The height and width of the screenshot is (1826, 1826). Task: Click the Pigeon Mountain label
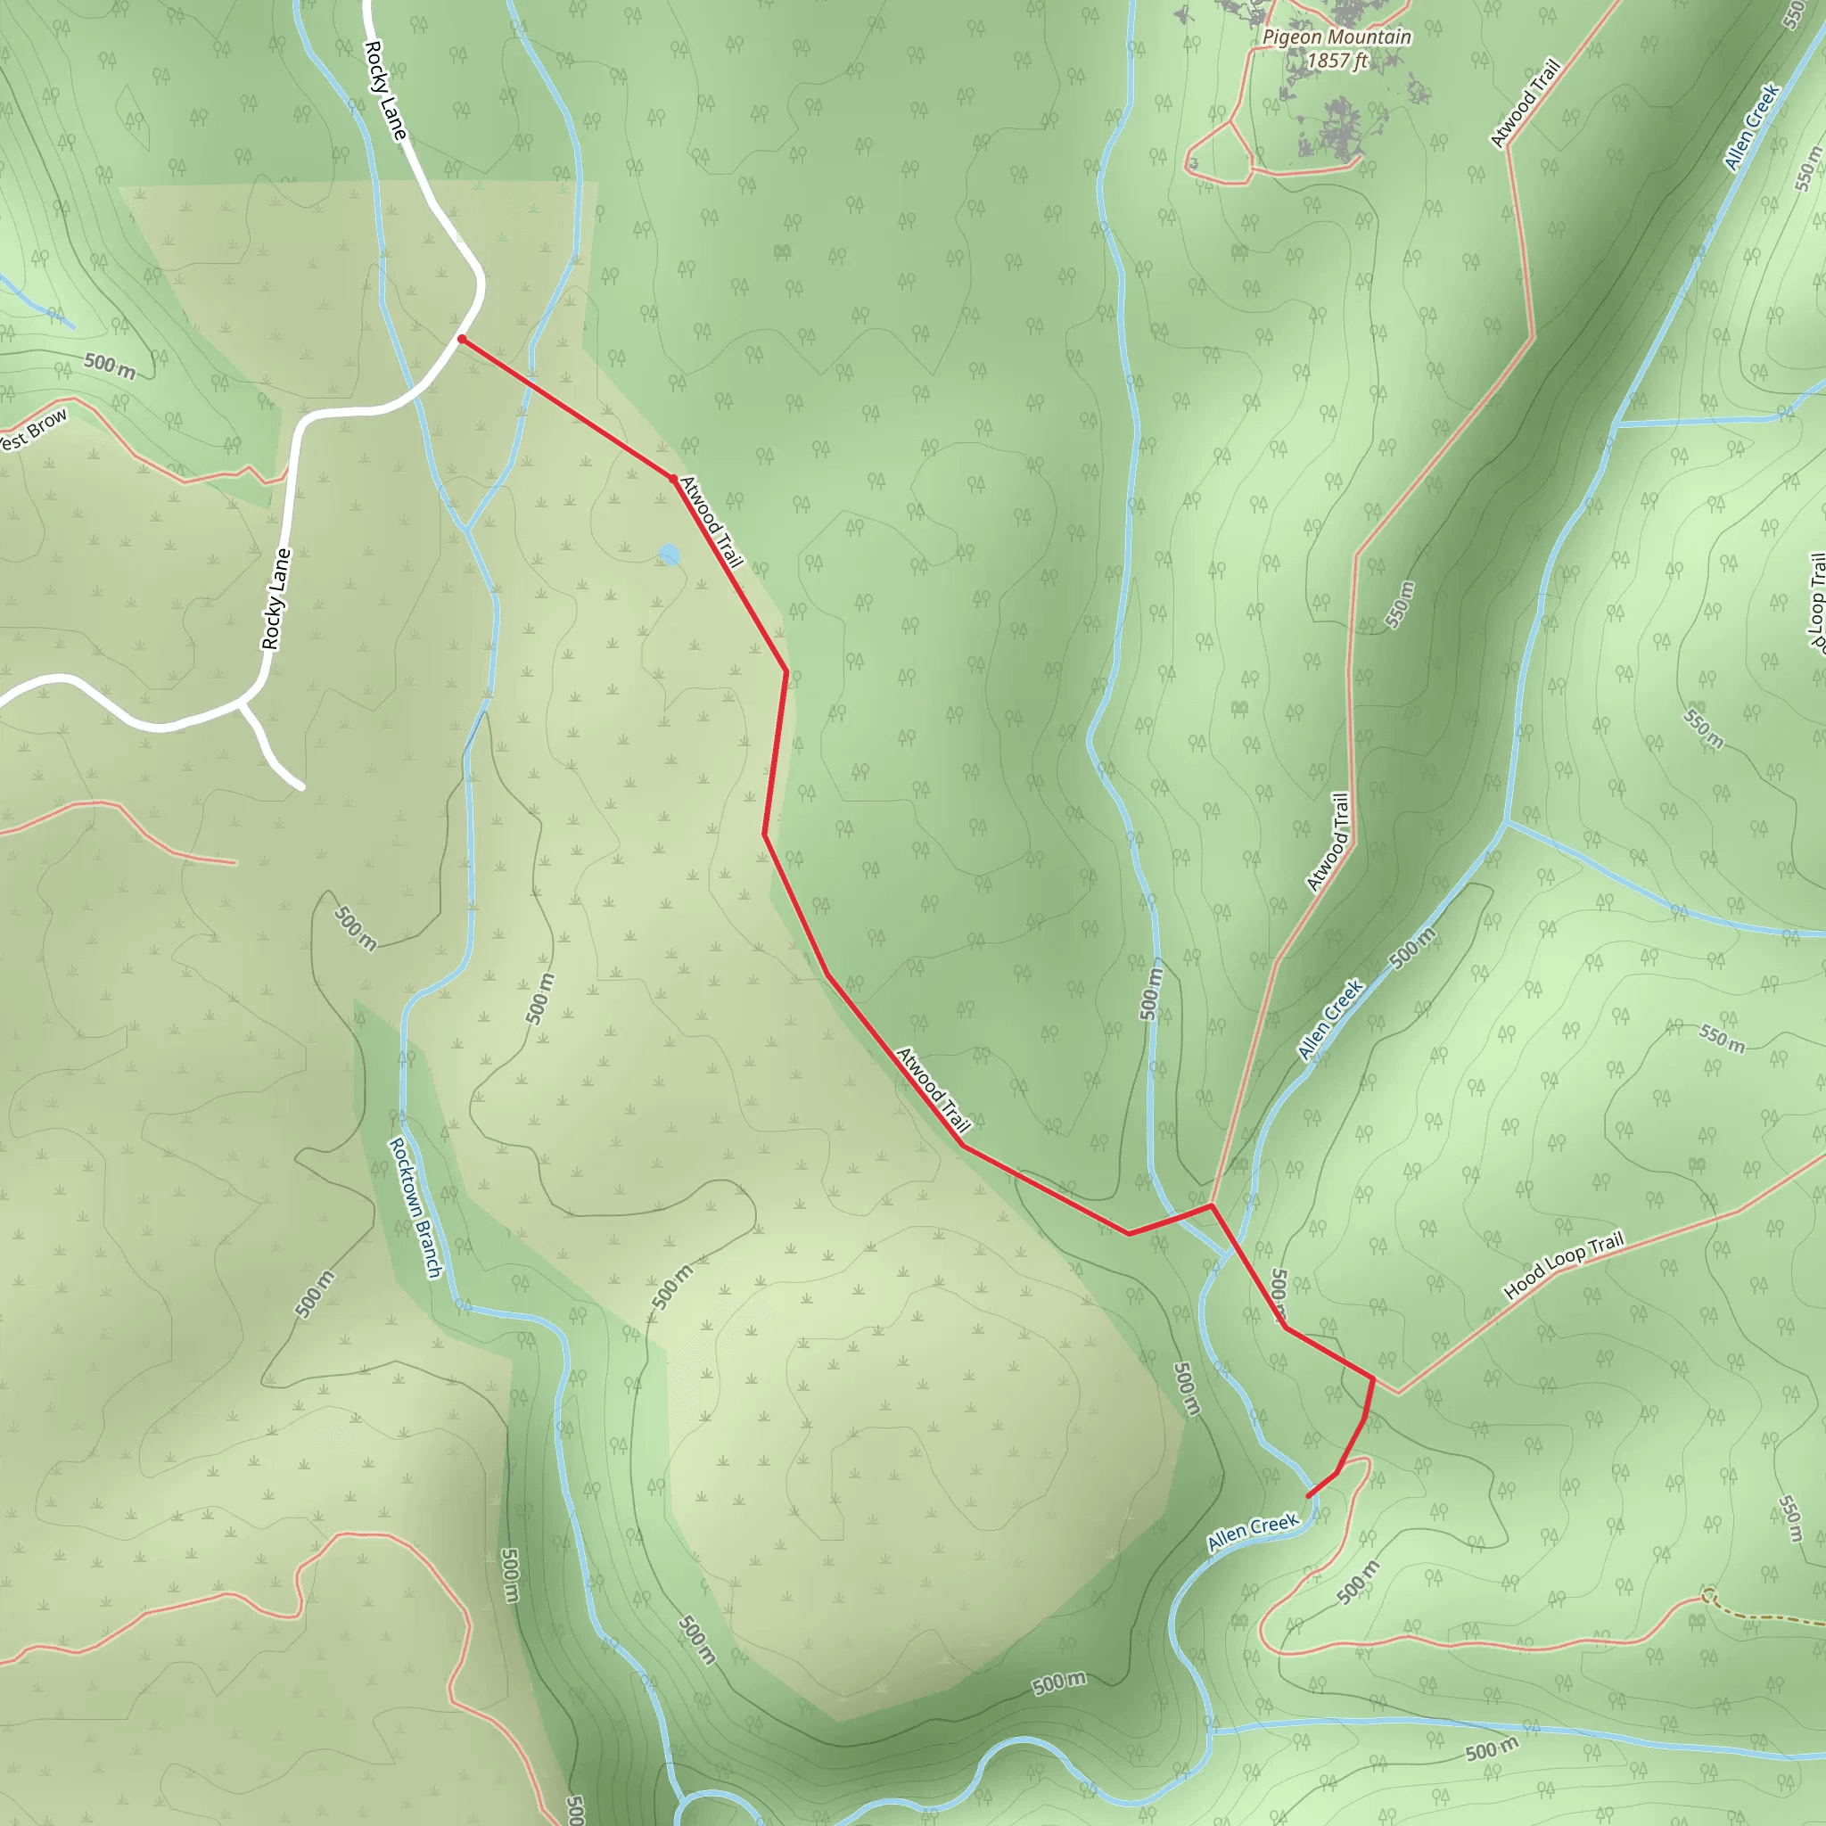tap(1337, 37)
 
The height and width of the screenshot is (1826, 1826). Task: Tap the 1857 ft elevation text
tap(1337, 62)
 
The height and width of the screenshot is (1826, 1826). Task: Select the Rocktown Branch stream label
tap(415, 1207)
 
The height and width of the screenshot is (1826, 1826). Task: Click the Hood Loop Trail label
tap(1563, 1264)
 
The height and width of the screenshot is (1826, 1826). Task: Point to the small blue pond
tap(670, 555)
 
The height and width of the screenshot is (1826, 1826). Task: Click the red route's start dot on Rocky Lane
tap(461, 338)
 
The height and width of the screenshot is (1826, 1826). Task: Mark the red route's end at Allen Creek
tap(1309, 1496)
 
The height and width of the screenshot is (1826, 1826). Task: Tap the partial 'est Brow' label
tap(34, 430)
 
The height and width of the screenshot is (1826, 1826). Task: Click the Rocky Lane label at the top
tap(385, 90)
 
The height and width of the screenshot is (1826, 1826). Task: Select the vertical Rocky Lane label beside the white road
tap(275, 599)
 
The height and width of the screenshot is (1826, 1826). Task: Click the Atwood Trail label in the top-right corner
tap(1524, 104)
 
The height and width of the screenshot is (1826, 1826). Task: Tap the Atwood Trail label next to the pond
tap(711, 521)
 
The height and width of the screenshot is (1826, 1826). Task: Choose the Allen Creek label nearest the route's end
tap(1253, 1531)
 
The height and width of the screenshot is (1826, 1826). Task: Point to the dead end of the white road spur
tap(301, 786)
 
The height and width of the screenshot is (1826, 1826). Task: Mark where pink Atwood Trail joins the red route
tap(1212, 1205)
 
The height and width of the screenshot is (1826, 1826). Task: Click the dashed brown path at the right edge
tap(1767, 1617)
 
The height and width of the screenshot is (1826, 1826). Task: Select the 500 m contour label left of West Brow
tap(110, 365)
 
